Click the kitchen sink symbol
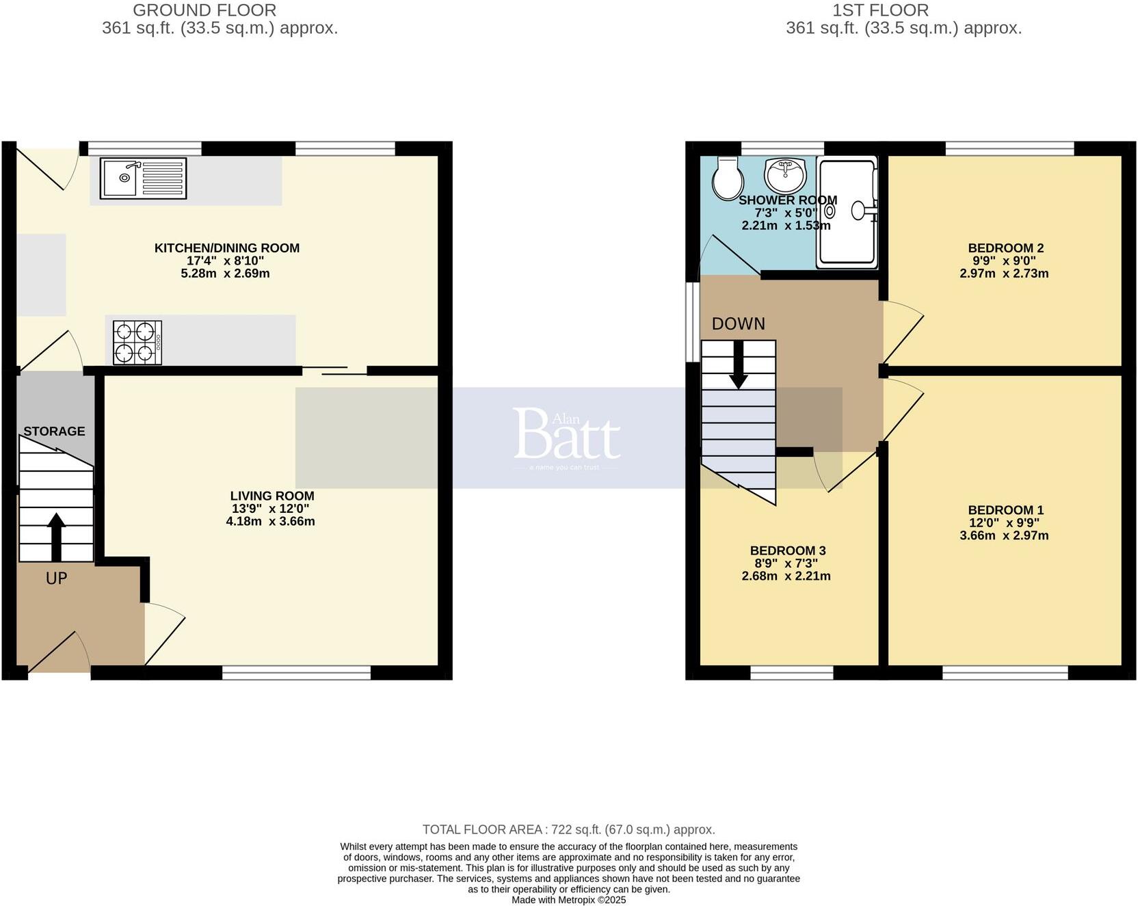tap(143, 178)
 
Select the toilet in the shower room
tap(728, 178)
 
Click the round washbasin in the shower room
tap(786, 175)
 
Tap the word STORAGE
tap(54, 431)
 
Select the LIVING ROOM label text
tap(271, 496)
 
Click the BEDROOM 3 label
tap(788, 551)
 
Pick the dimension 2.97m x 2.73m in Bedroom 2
tap(1004, 274)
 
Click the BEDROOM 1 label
tap(1005, 510)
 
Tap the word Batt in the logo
tap(566, 435)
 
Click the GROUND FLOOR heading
tap(204, 10)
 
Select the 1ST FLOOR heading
tap(880, 10)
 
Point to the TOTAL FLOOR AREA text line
tap(568, 829)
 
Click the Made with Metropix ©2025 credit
tap(568, 900)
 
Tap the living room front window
tap(296, 673)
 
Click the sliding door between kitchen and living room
tap(335, 371)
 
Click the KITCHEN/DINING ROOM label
tap(227, 248)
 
